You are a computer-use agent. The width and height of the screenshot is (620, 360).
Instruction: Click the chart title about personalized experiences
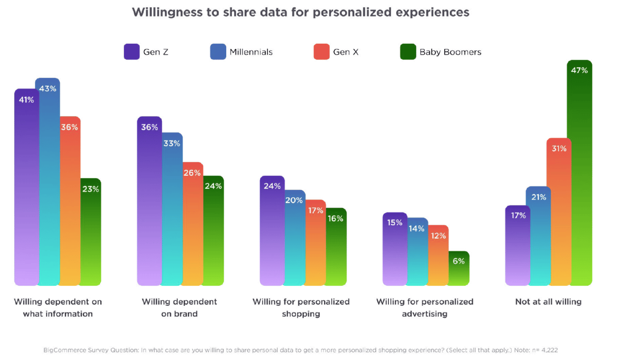point(300,13)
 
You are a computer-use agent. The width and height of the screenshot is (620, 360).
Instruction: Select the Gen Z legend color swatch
point(132,52)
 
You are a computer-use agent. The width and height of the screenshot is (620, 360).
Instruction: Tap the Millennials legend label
point(251,52)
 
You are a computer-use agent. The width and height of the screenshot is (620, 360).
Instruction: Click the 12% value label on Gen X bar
point(438,236)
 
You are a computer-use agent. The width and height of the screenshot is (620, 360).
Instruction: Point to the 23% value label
point(91,189)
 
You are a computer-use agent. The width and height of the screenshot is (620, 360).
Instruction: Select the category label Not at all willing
point(548,302)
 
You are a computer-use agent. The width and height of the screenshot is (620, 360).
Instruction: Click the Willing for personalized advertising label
point(425,308)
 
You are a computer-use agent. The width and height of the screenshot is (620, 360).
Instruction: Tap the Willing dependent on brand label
point(179,308)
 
